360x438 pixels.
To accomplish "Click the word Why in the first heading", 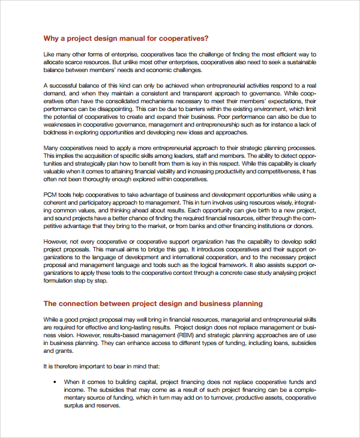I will coord(50,38).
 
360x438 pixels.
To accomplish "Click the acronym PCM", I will coord(50,195).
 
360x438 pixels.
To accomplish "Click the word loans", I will coord(262,343).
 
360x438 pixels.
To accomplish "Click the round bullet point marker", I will coord(55,382).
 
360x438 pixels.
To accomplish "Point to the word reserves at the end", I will coord(109,405).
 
